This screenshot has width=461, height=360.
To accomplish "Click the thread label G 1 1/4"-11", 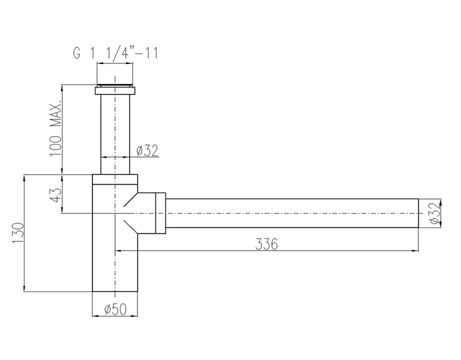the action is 116,54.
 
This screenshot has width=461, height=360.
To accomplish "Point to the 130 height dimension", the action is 18,233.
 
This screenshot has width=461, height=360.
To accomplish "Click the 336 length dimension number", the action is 266,244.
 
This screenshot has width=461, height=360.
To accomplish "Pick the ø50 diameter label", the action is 116,309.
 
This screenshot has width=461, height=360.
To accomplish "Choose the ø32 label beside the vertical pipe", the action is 148,150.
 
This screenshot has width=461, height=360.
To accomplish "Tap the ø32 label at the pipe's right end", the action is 436,213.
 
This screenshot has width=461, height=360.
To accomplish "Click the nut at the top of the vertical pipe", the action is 115,90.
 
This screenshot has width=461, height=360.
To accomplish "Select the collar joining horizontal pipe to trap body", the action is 160,213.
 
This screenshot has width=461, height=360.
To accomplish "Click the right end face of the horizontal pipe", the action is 418,213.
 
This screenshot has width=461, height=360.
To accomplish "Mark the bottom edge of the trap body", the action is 115,291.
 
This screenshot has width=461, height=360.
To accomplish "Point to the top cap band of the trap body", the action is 115,179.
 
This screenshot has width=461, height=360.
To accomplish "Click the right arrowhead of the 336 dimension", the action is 415,251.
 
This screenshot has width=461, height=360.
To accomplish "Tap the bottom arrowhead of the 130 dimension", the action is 24,289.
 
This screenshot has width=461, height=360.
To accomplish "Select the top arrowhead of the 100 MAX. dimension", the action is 62,88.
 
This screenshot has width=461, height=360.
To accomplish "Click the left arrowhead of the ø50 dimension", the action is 95,316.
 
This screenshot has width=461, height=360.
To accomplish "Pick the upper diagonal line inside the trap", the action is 131,199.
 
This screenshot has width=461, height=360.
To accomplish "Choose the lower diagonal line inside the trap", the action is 131,227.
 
